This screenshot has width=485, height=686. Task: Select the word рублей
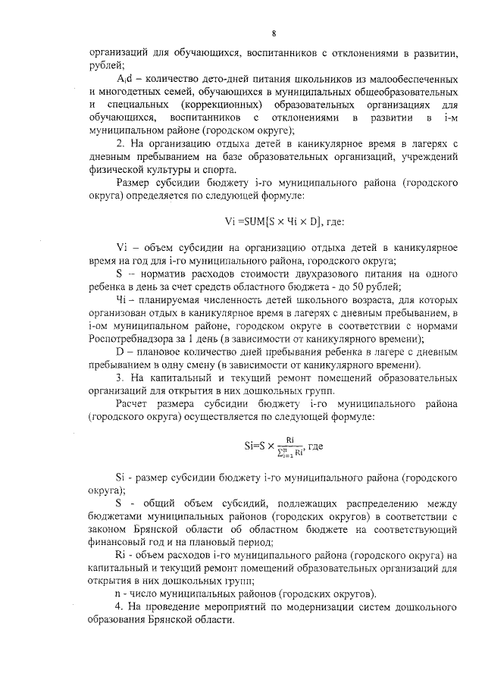click(x=104, y=66)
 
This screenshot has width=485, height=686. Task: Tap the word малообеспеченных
click(x=415, y=79)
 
